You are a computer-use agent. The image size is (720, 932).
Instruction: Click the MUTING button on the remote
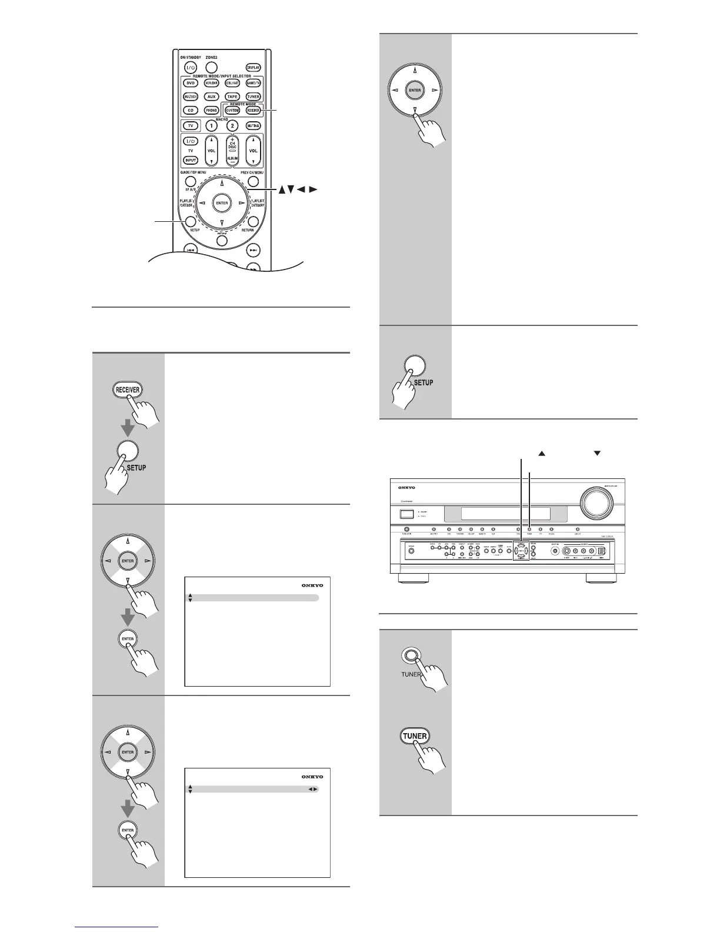coord(253,126)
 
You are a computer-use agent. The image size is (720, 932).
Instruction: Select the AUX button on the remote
coord(211,96)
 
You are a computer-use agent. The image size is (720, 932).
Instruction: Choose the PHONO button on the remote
coord(211,110)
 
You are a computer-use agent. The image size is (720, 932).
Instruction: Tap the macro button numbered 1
coord(211,126)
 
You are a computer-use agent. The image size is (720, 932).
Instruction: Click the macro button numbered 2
coord(232,126)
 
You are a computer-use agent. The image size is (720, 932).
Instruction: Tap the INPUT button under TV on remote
coord(191,160)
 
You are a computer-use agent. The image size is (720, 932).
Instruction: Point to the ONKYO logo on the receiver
coord(406,487)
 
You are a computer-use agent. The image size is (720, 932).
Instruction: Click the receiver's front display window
coord(506,514)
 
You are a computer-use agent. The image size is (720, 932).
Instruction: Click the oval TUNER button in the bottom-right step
coord(415,735)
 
